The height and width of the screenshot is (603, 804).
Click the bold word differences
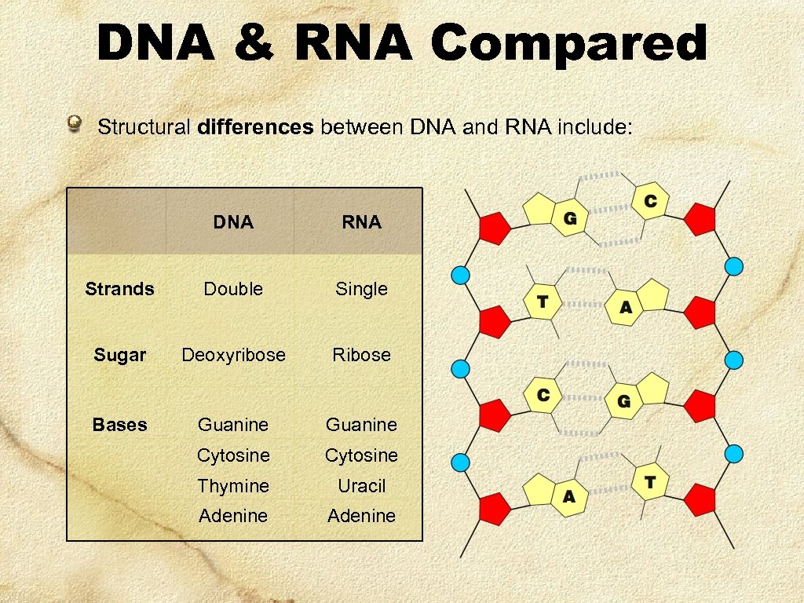pyautogui.click(x=256, y=127)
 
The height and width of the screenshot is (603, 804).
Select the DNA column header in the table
pyautogui.click(x=233, y=222)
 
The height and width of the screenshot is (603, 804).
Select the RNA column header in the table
pyautogui.click(x=361, y=222)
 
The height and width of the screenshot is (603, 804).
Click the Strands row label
pyautogui.click(x=119, y=289)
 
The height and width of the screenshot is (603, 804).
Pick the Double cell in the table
pyautogui.click(x=233, y=289)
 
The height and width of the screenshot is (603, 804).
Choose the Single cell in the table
pyautogui.click(x=361, y=289)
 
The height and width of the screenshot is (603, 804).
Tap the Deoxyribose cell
pyautogui.click(x=233, y=355)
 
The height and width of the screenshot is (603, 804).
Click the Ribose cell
pyautogui.click(x=361, y=355)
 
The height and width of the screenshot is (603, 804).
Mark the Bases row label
pyautogui.click(x=119, y=425)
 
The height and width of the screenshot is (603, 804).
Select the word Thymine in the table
pyautogui.click(x=233, y=486)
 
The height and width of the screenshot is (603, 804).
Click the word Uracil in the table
pyautogui.click(x=361, y=486)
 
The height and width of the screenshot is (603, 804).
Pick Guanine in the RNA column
pyautogui.click(x=361, y=425)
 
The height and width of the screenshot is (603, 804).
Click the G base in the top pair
pyautogui.click(x=570, y=218)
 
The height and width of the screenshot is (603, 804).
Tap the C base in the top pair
pyautogui.click(x=650, y=202)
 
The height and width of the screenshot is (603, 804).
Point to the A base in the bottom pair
pyautogui.click(x=568, y=496)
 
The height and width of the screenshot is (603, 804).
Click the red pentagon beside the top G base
pyautogui.click(x=495, y=228)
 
